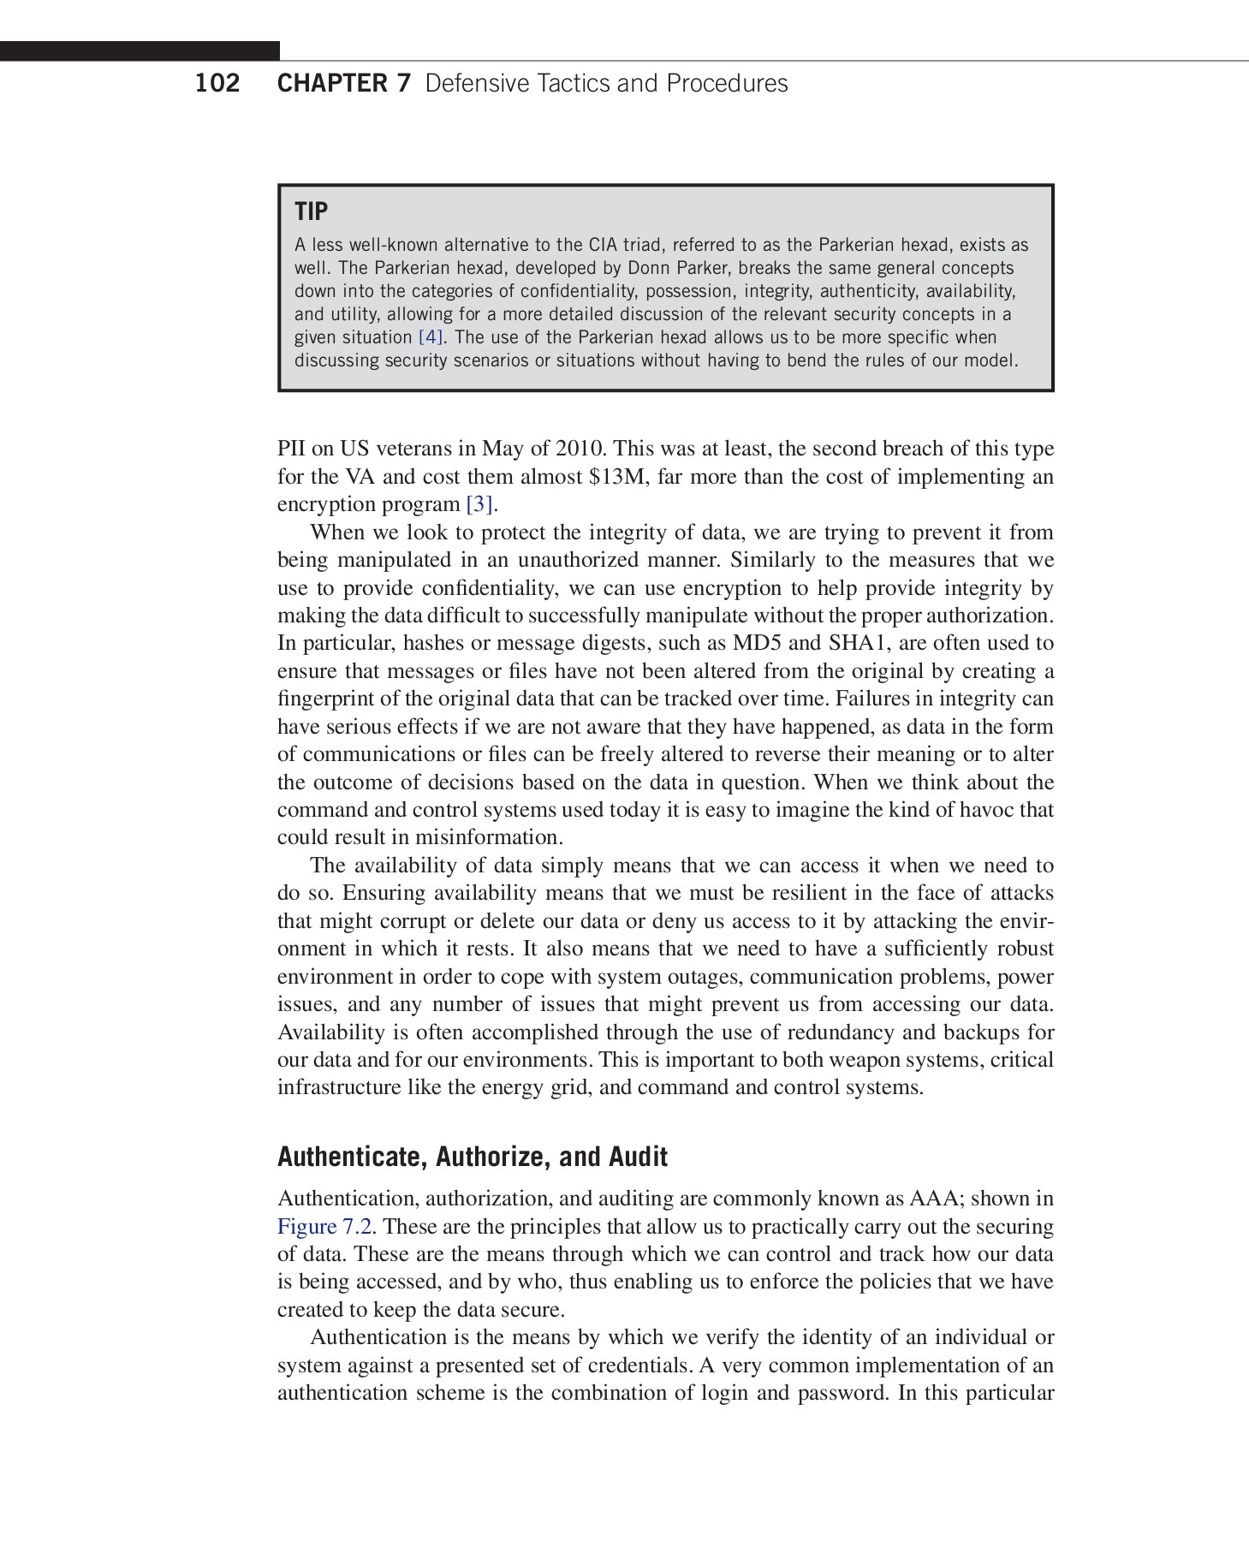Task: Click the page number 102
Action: [217, 84]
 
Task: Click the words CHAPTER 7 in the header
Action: [344, 84]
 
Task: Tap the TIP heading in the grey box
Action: [311, 211]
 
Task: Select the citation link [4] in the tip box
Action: [430, 337]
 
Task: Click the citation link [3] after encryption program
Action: [479, 504]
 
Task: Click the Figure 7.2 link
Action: [324, 1227]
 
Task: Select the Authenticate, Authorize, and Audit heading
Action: [472, 1157]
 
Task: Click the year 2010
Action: [580, 449]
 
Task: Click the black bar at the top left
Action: [140, 51]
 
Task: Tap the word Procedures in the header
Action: [727, 84]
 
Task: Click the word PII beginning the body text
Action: [292, 449]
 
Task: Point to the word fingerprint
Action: [325, 699]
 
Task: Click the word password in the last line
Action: [842, 1393]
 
